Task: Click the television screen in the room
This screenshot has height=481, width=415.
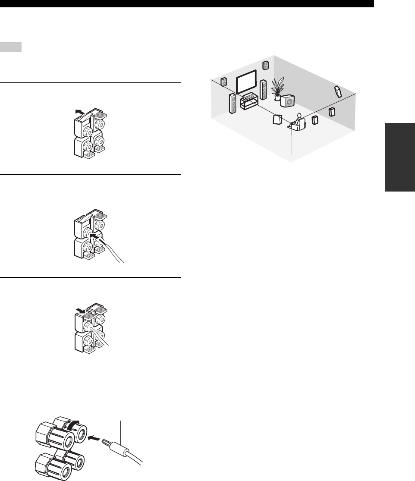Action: tap(246, 83)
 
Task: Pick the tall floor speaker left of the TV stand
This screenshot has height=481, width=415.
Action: tap(233, 104)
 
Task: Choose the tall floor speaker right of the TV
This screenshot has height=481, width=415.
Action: tap(263, 88)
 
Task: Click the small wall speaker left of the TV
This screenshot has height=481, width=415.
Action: tap(223, 82)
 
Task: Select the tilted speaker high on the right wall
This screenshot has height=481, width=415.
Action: tap(338, 91)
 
